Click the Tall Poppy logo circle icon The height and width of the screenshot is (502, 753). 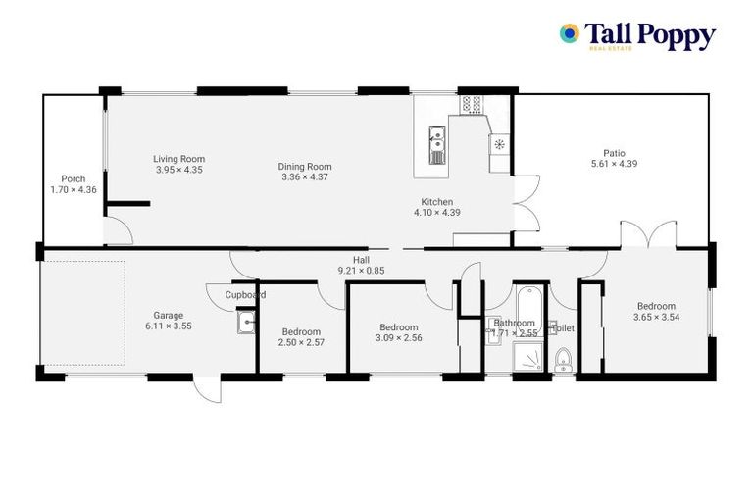coord(569,34)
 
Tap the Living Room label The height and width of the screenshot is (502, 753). coord(178,159)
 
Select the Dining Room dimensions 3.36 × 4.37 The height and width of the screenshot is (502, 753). coord(306,177)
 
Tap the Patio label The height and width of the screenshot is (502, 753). coord(614,153)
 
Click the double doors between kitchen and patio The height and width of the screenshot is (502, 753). coord(525,203)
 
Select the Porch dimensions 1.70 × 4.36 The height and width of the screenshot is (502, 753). coord(74,189)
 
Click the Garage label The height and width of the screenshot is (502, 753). coord(167,316)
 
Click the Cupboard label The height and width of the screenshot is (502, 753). coord(245,294)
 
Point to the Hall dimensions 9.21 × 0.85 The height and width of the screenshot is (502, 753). coord(361,271)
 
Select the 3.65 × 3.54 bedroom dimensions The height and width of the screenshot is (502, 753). coord(657,317)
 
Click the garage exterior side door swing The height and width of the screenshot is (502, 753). coord(207,389)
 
